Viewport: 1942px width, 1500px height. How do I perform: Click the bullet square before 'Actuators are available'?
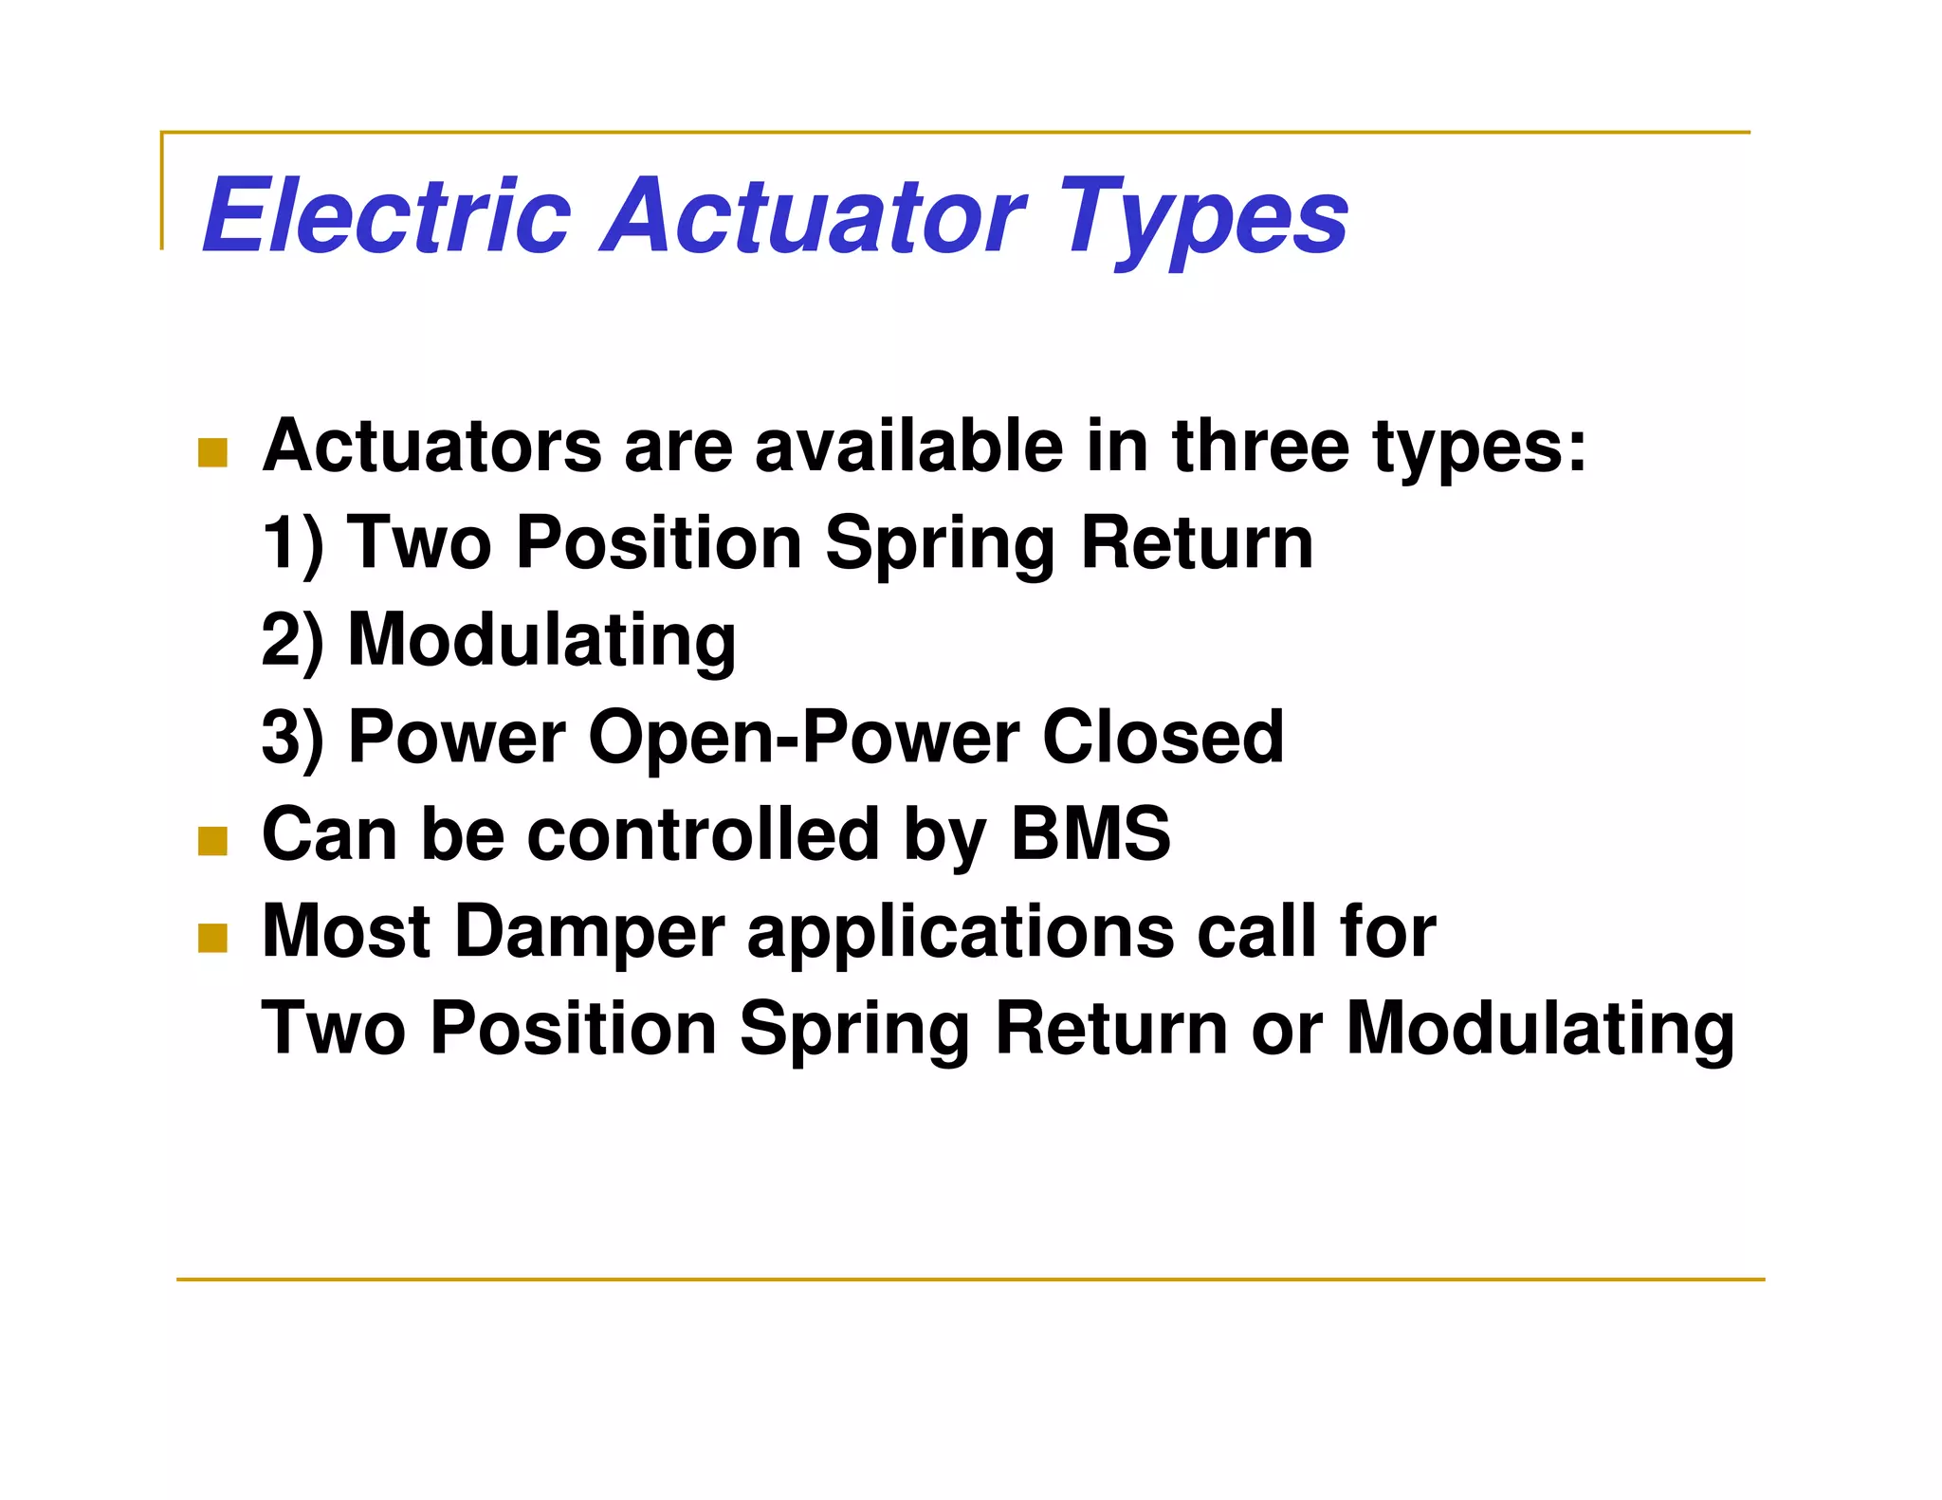(x=212, y=452)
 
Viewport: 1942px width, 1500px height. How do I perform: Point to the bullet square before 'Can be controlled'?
(x=212, y=841)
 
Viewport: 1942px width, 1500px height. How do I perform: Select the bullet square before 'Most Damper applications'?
(x=212, y=938)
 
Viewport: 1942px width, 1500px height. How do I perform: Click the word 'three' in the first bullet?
(x=1260, y=446)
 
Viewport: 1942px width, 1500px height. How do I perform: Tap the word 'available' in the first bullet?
(x=909, y=446)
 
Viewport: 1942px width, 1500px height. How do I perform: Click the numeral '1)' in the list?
(x=292, y=543)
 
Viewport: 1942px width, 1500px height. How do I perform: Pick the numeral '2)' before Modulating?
(x=292, y=640)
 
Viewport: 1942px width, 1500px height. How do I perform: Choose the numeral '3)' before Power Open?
(x=292, y=737)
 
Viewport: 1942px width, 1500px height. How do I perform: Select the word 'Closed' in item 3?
(x=1163, y=737)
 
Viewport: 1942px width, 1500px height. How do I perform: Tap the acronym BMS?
(x=1090, y=834)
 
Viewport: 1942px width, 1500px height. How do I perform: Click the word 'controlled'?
(x=703, y=834)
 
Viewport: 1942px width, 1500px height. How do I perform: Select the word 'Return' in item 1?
(x=1197, y=543)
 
